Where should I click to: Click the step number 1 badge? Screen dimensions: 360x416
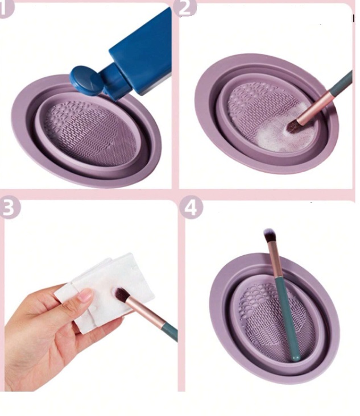(x=6, y=9)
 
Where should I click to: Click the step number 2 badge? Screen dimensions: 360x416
(x=185, y=8)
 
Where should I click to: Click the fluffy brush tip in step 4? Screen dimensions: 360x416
(x=270, y=235)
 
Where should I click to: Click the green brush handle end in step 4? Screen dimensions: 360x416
(x=296, y=357)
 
